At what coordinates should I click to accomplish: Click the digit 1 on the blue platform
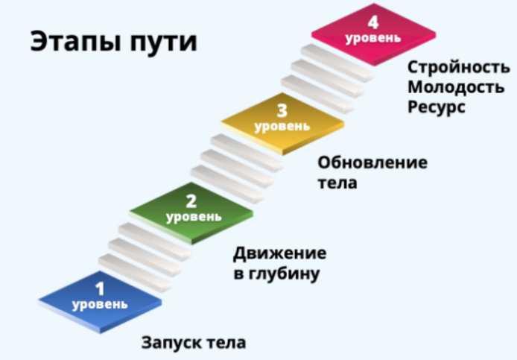(99, 287)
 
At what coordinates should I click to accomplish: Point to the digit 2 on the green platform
(191, 200)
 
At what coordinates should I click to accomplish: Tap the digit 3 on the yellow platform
(282, 111)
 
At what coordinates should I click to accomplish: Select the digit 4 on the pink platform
(372, 22)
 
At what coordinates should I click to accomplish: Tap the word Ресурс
(436, 107)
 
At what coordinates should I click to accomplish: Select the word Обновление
(372, 162)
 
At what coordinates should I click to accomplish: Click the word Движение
(279, 253)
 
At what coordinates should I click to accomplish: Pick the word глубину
(285, 274)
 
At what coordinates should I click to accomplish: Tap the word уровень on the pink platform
(372, 37)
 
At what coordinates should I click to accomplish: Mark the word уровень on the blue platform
(100, 304)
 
